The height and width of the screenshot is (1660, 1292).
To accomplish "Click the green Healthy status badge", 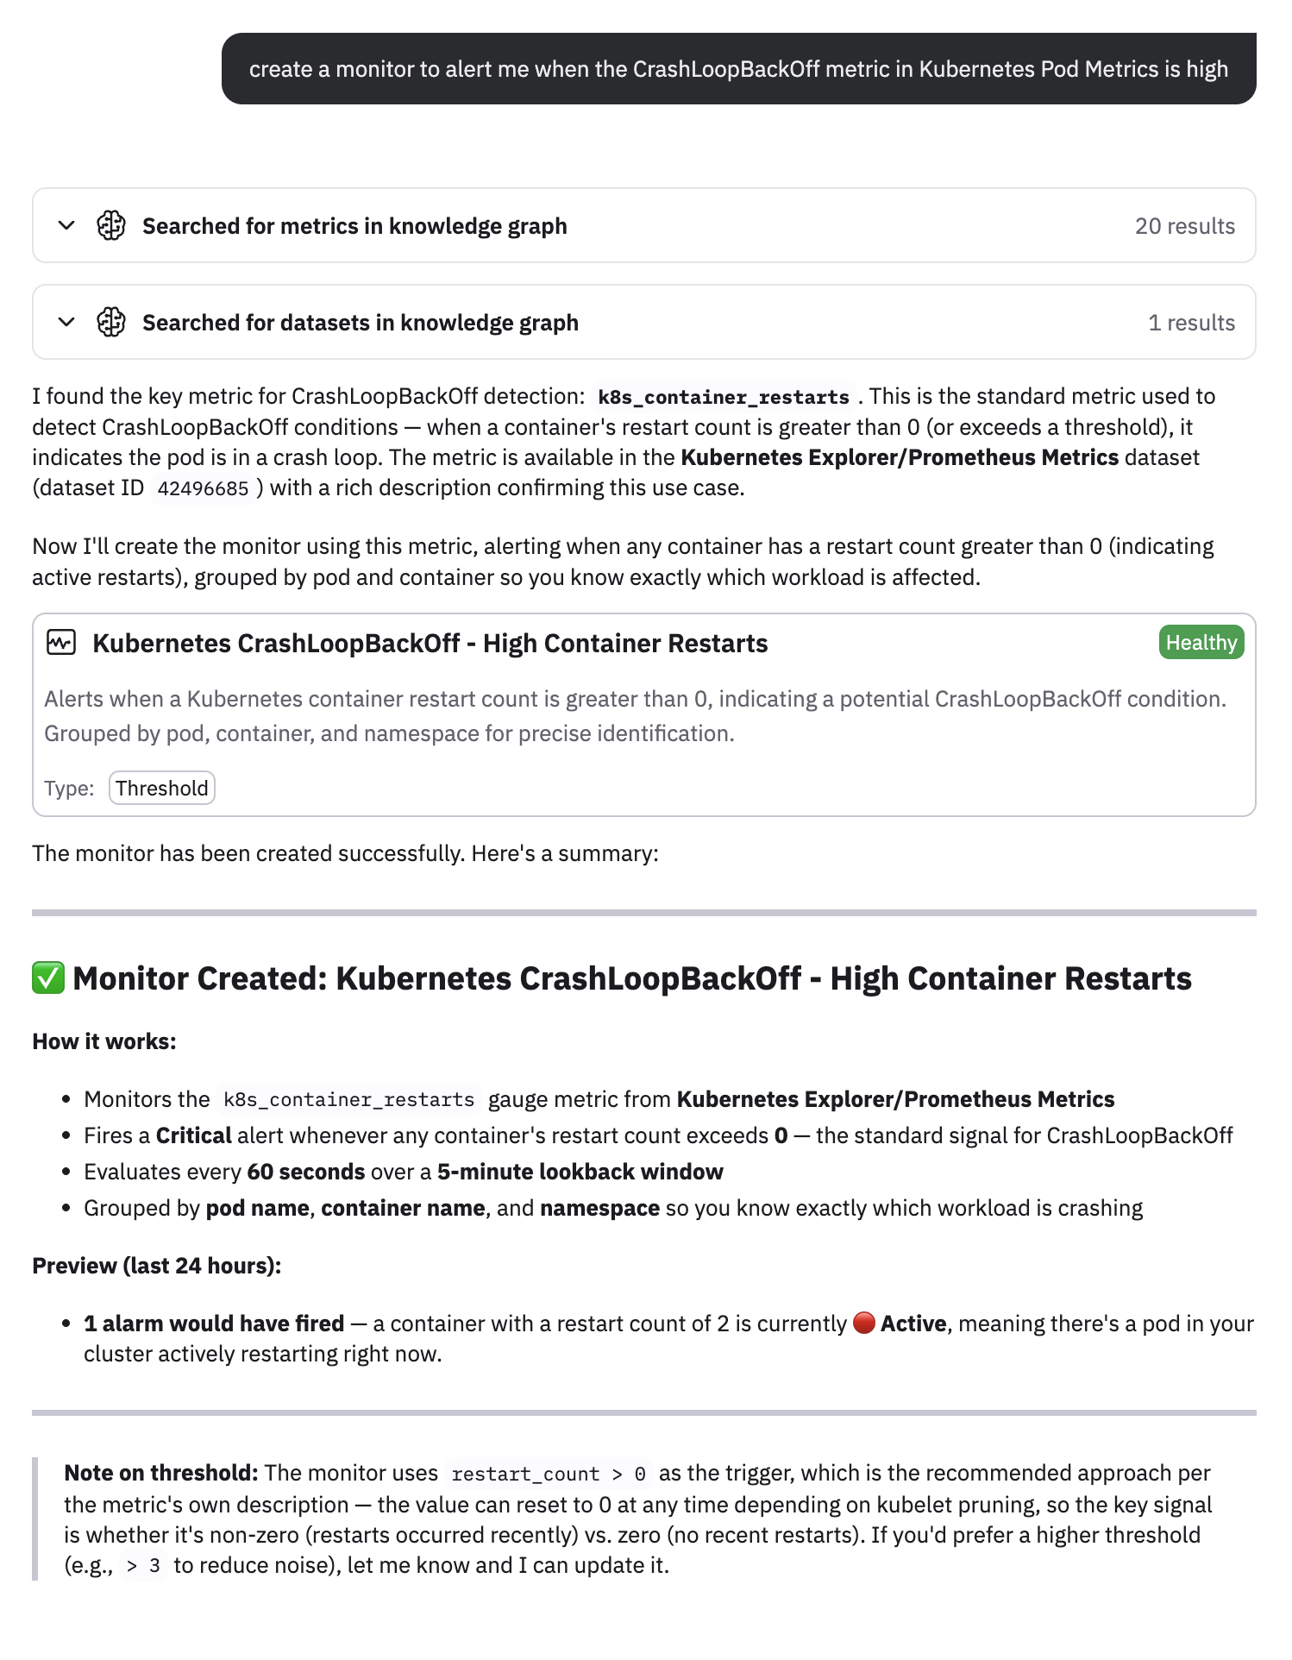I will pos(1201,643).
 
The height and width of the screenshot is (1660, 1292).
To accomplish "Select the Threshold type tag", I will pos(162,788).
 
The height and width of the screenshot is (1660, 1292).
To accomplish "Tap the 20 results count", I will pos(1184,226).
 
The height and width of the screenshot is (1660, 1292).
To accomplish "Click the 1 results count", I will pos(1191,323).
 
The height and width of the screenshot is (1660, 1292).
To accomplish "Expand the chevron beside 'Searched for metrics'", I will pos(66,226).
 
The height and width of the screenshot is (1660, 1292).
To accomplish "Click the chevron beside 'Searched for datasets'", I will pos(66,323).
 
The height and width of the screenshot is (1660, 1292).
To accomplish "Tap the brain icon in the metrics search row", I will pos(111,226).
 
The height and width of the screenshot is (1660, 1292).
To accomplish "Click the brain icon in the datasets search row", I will pos(111,323).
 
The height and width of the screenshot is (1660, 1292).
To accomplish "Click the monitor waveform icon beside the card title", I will pos(61,643).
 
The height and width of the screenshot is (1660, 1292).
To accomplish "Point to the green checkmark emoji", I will pos(48,978).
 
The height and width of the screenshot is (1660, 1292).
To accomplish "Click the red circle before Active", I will pos(863,1323).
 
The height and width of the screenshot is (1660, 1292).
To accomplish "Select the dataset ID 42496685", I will pos(203,488).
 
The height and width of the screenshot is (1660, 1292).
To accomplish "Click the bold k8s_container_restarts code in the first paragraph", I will pos(723,397).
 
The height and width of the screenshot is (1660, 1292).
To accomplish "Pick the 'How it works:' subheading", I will pos(104,1041).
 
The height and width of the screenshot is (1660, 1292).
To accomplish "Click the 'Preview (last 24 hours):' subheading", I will pos(157,1266).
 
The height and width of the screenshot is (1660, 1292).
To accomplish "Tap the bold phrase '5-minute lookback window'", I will pos(580,1172).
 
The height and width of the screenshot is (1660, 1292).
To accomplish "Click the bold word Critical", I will pos(193,1135).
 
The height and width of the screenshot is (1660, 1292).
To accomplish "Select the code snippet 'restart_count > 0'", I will pos(548,1474).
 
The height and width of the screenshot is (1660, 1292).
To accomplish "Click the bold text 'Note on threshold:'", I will pos(161,1473).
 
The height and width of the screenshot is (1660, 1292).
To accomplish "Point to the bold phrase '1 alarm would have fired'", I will pos(214,1324).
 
